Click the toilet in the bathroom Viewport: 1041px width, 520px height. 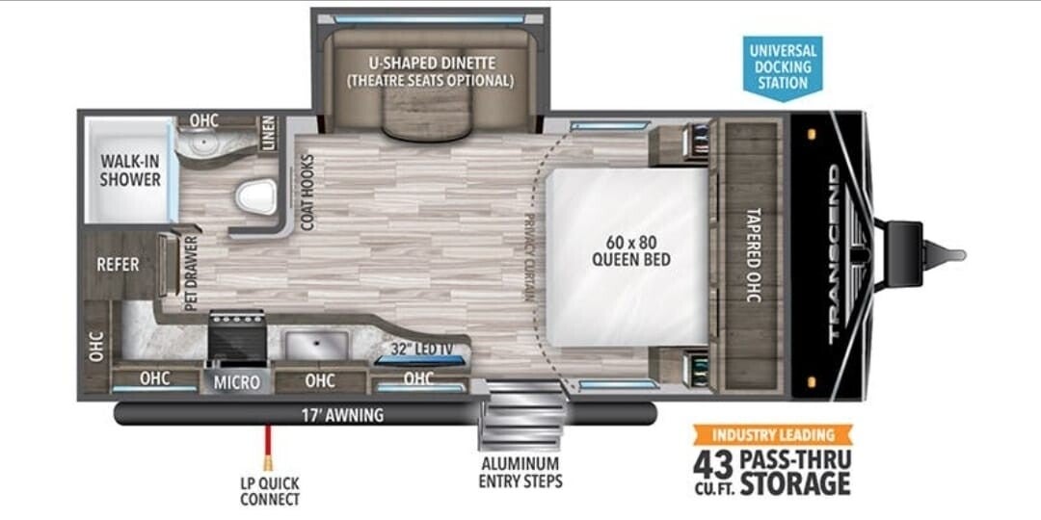tap(256, 196)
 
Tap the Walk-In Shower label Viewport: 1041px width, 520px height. tap(130, 169)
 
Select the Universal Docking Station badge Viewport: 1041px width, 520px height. tap(783, 67)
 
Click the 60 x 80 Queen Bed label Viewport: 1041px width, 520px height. tap(630, 249)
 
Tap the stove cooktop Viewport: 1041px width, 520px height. tap(236, 336)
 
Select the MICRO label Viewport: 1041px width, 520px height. tap(237, 382)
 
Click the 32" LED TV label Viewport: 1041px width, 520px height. tap(420, 349)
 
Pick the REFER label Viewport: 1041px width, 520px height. tap(118, 265)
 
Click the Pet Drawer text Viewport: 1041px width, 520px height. tap(191, 273)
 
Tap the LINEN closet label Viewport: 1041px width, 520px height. tap(268, 133)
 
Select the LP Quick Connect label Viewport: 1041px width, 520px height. tap(270, 491)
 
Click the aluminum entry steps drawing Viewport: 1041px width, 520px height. tap(521, 415)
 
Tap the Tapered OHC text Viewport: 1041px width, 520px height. tap(752, 254)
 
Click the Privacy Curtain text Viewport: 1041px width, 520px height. tap(529, 257)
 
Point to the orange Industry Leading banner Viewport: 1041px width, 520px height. tap(773, 435)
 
